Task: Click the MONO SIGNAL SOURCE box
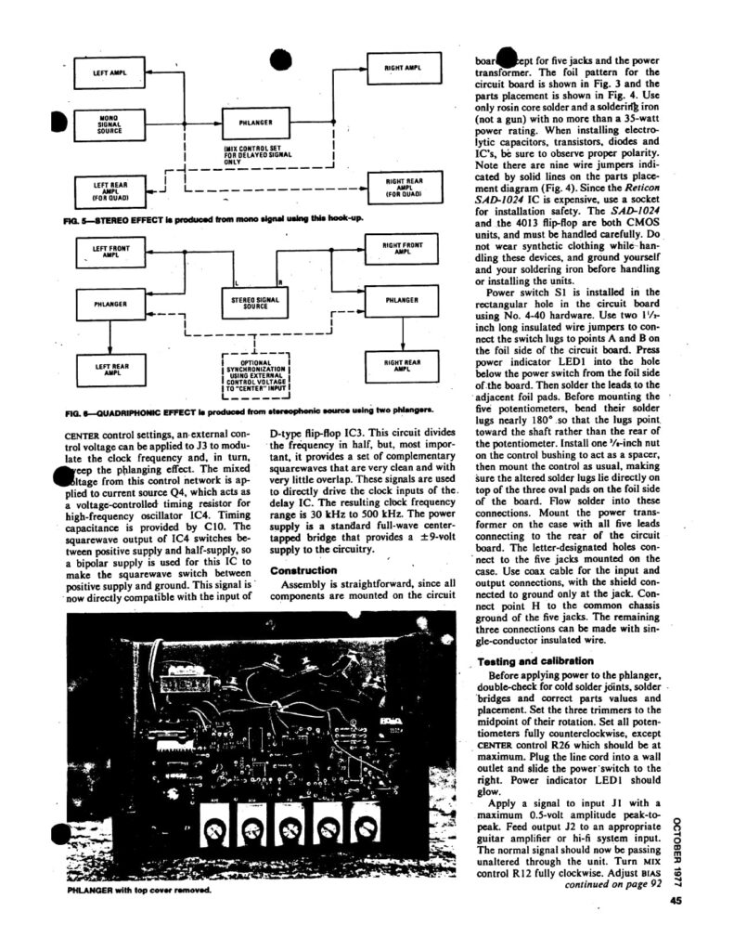coord(109,124)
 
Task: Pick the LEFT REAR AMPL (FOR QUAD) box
coord(109,191)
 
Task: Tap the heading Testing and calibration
coord(530,660)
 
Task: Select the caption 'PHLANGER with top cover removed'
coord(139,889)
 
